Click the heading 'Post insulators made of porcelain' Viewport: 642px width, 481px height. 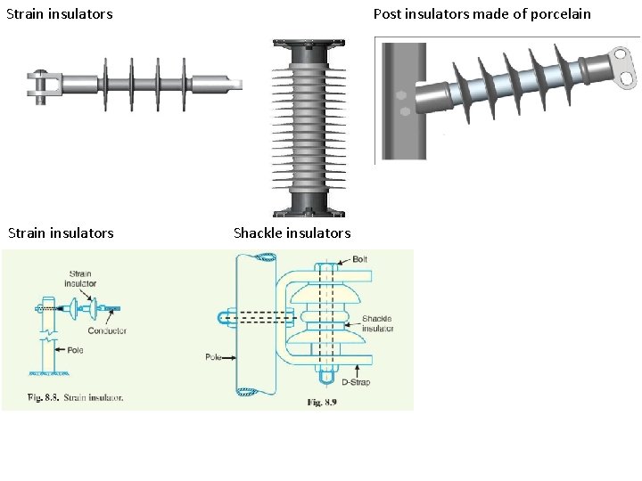pyautogui.click(x=481, y=13)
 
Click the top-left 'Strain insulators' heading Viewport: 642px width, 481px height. pyautogui.click(x=59, y=13)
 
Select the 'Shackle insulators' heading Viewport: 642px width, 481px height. pyautogui.click(x=292, y=232)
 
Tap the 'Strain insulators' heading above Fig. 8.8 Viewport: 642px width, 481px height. pyautogui.click(x=61, y=232)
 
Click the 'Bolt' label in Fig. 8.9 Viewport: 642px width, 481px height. pyautogui.click(x=359, y=258)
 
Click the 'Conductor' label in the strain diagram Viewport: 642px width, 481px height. pyautogui.click(x=107, y=330)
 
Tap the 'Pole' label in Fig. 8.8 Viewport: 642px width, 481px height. pyautogui.click(x=74, y=350)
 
